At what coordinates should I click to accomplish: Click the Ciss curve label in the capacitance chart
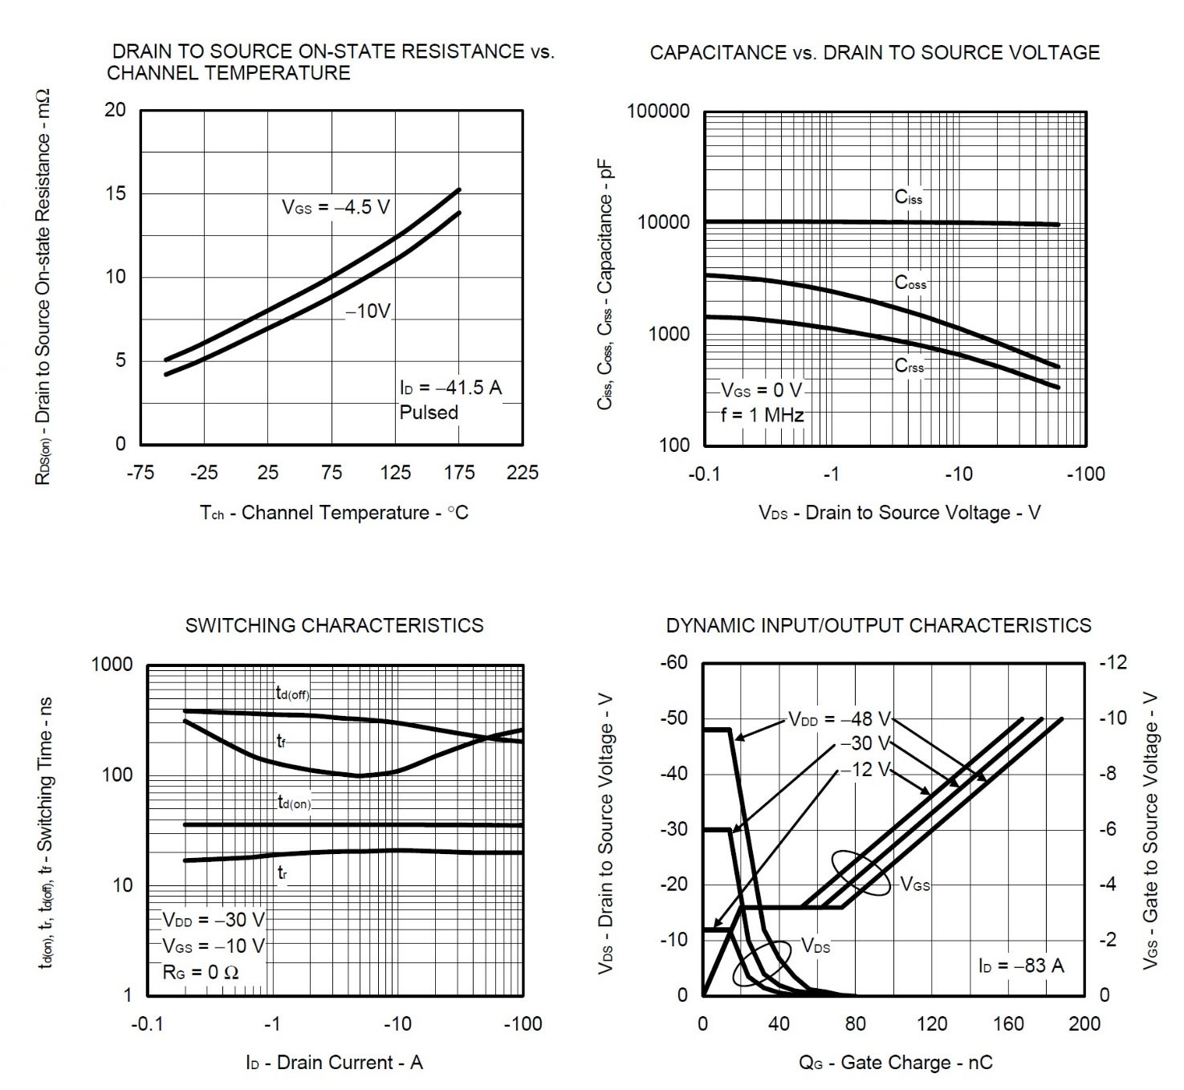909,197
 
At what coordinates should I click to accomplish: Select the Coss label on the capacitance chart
910,283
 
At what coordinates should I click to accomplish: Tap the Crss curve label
909,366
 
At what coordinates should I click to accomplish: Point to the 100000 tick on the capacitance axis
658,111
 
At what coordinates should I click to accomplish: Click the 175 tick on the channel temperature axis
459,473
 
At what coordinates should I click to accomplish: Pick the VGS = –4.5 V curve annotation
336,207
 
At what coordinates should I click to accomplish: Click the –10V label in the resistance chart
368,311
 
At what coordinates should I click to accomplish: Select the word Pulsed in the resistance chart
429,413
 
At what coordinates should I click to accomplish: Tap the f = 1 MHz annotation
762,415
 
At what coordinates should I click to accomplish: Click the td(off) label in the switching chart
292,693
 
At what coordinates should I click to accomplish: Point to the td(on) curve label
294,802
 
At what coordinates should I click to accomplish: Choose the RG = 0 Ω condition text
201,972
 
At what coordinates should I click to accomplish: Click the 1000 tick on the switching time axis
112,665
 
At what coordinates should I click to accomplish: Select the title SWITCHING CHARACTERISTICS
334,625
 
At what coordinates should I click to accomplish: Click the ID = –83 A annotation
1021,966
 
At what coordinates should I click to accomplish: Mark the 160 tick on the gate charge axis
1008,1023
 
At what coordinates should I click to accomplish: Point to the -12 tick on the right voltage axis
1113,662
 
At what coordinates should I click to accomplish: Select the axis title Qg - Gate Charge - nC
895,1063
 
